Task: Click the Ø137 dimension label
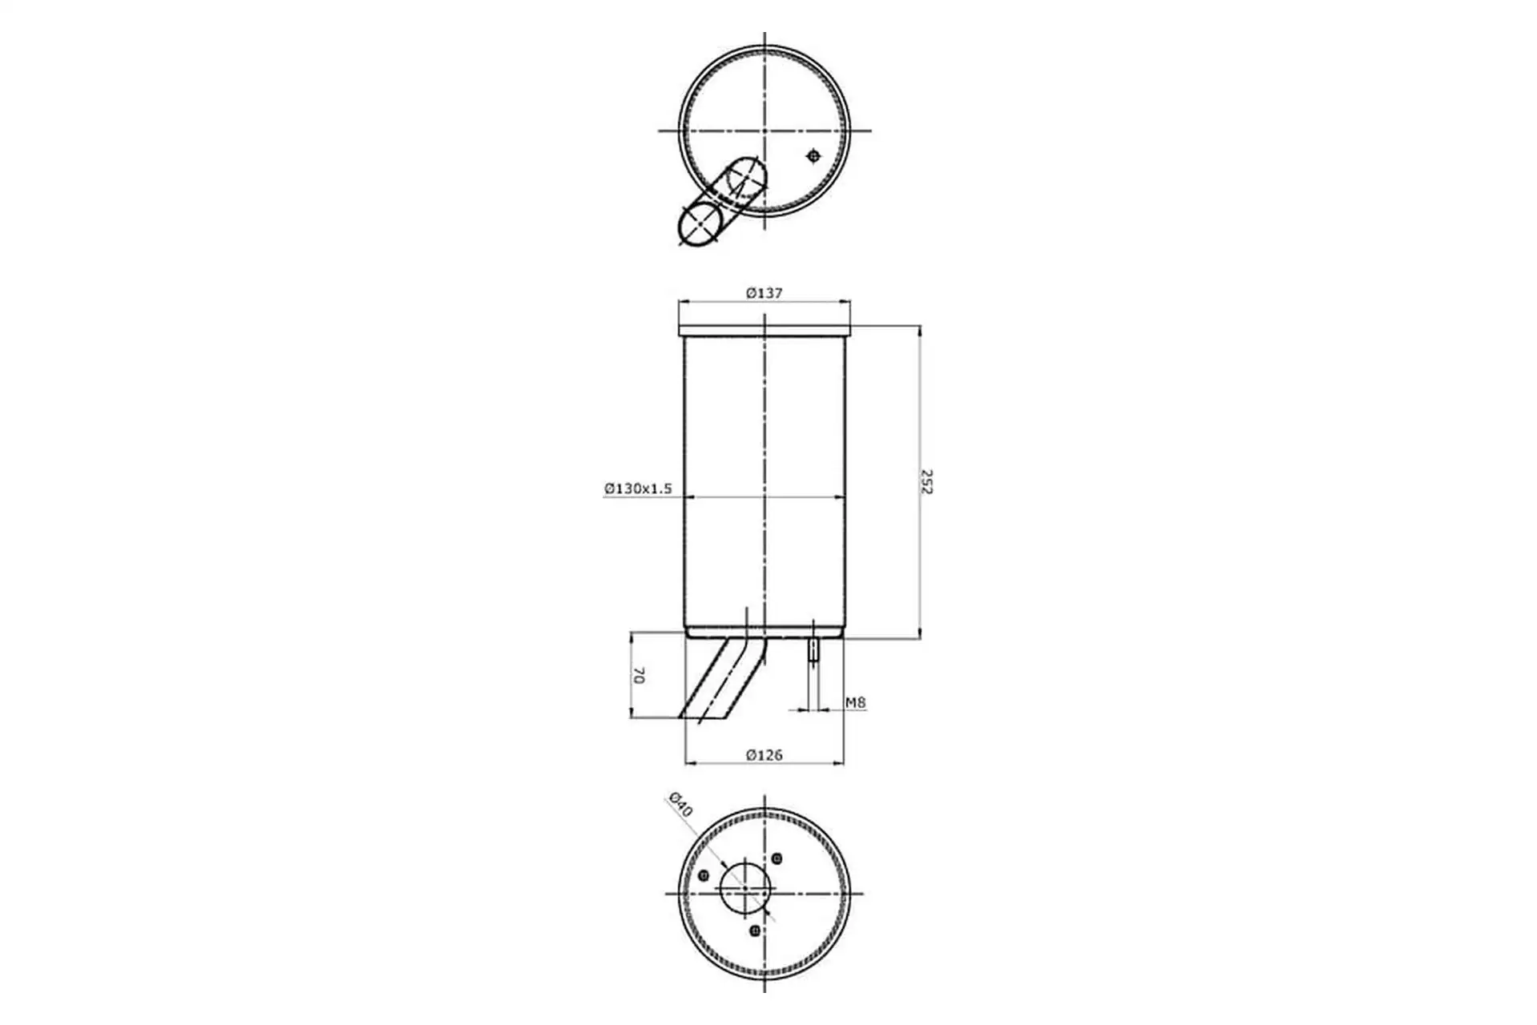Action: tap(764, 293)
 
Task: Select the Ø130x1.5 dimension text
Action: tap(638, 488)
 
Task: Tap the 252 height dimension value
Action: tap(927, 482)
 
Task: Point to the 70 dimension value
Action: tap(638, 675)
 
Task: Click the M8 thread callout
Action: tap(856, 702)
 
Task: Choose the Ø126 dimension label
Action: tap(764, 754)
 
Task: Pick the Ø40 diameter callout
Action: tap(680, 804)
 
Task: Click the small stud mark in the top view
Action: tap(813, 156)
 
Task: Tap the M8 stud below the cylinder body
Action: tap(813, 649)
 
